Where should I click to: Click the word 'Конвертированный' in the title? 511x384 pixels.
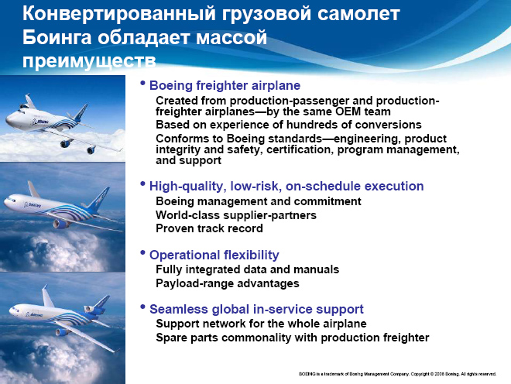(x=119, y=14)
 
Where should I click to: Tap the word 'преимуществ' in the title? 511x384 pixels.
(x=89, y=61)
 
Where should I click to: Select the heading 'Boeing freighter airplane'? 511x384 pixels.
(x=225, y=85)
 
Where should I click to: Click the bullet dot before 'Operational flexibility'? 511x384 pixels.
(x=142, y=252)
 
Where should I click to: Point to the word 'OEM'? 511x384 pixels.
(x=345, y=111)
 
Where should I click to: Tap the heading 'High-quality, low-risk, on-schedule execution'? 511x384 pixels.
(x=286, y=186)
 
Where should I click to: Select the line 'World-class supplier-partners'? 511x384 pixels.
(x=236, y=215)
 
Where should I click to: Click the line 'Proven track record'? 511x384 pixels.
(x=209, y=228)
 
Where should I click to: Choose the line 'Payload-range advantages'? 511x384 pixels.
(x=228, y=283)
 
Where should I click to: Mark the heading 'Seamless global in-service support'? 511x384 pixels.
(x=256, y=309)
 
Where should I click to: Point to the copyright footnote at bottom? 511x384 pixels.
(x=398, y=374)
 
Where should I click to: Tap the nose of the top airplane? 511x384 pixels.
(x=8, y=121)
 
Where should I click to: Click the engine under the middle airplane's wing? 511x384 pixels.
(x=60, y=223)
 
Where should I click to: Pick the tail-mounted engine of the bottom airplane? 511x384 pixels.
(x=89, y=308)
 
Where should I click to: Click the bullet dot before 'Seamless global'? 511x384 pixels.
(x=142, y=307)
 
